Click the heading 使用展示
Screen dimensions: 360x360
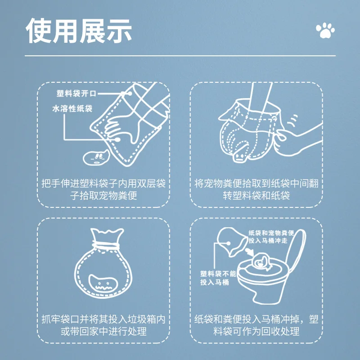pos(79,31)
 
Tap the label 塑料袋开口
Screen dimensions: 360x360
pos(76,94)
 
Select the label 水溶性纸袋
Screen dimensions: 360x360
pos(72,109)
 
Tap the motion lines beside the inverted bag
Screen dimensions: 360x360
pos(293,121)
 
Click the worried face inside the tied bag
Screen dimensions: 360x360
pos(103,283)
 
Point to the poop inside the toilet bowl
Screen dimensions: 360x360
pos(261,262)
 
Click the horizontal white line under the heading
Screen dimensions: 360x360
pos(180,56)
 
